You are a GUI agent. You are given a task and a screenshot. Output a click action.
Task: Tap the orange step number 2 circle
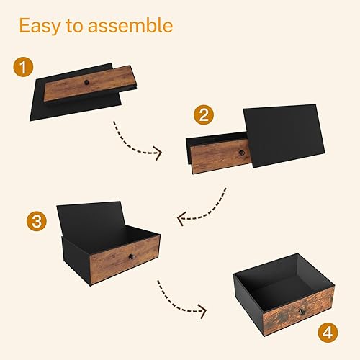point(205,116)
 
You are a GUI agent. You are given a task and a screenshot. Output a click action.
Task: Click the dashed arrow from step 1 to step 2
point(137,141)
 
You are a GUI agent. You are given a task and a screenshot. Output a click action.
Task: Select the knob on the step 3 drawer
point(131,257)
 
